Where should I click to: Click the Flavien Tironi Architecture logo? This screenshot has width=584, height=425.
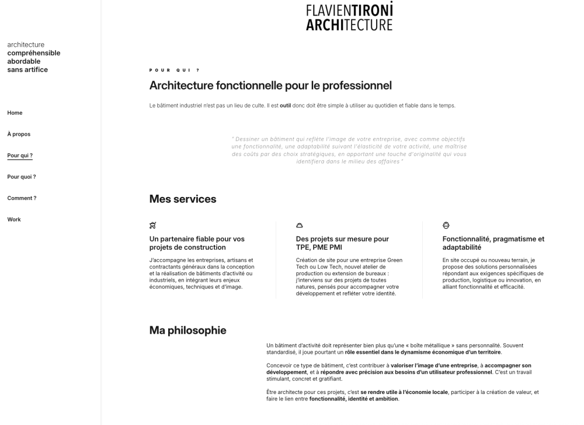[x=349, y=16]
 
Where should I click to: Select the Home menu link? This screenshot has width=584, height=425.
[x=15, y=113]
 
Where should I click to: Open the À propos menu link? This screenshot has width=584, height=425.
[x=19, y=134]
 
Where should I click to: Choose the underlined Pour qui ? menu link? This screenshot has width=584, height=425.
[x=20, y=156]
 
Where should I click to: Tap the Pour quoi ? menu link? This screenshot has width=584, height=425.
[x=22, y=177]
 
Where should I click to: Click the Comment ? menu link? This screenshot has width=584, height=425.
[x=22, y=198]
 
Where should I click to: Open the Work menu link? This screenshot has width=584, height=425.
[x=14, y=220]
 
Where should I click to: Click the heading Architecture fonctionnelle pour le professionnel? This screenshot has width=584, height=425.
[x=270, y=86]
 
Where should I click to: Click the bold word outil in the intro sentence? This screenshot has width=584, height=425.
[x=285, y=106]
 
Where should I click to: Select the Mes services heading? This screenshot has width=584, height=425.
[x=183, y=199]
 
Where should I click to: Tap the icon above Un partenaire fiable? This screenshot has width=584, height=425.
[x=153, y=225]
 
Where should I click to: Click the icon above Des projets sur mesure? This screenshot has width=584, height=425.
[x=300, y=225]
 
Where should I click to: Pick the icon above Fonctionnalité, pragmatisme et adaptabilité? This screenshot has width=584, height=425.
[x=446, y=225]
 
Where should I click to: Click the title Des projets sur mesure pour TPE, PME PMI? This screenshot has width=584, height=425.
[x=342, y=243]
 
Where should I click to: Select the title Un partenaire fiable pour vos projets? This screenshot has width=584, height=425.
[x=197, y=243]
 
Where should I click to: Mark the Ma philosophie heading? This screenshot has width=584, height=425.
[x=187, y=330]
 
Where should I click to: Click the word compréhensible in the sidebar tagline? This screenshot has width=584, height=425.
[x=33, y=53]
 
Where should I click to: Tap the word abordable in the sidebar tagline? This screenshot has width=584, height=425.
[x=24, y=61]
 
